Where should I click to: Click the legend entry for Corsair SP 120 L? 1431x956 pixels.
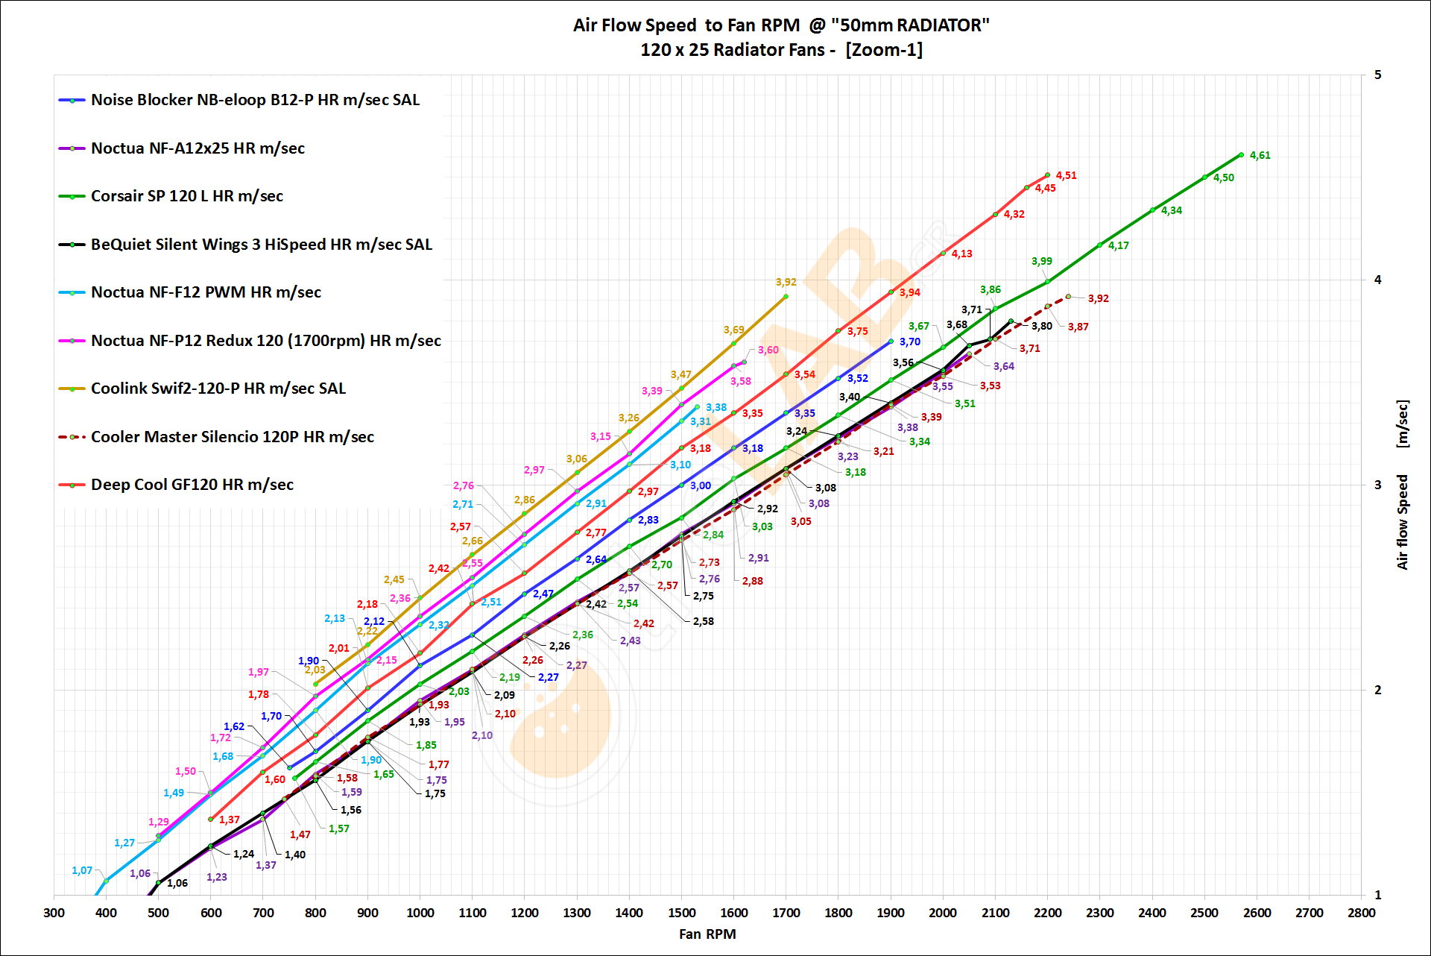186,196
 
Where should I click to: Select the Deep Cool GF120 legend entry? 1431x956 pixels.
192,485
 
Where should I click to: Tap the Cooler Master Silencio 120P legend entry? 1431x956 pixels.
232,437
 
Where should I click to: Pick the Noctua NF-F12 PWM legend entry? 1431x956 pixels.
206,292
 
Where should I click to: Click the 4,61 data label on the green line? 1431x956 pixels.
1260,155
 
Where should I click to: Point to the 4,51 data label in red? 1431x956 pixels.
1066,175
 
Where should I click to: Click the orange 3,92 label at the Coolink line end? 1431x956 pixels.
786,282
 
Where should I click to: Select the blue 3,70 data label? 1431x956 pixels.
909,342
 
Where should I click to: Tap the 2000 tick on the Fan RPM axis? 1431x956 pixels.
943,913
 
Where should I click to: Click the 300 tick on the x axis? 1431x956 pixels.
54,913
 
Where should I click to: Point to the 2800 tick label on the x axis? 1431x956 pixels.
1361,913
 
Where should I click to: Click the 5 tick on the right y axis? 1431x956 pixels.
1377,75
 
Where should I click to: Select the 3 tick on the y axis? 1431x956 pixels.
1377,485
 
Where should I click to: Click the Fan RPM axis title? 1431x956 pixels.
707,934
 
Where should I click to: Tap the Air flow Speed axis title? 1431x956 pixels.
1402,522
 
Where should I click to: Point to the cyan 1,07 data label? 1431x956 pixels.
82,870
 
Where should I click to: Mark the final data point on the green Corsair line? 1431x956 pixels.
1241,155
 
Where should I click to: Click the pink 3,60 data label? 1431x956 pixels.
768,350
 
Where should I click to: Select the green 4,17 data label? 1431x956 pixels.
1118,245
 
